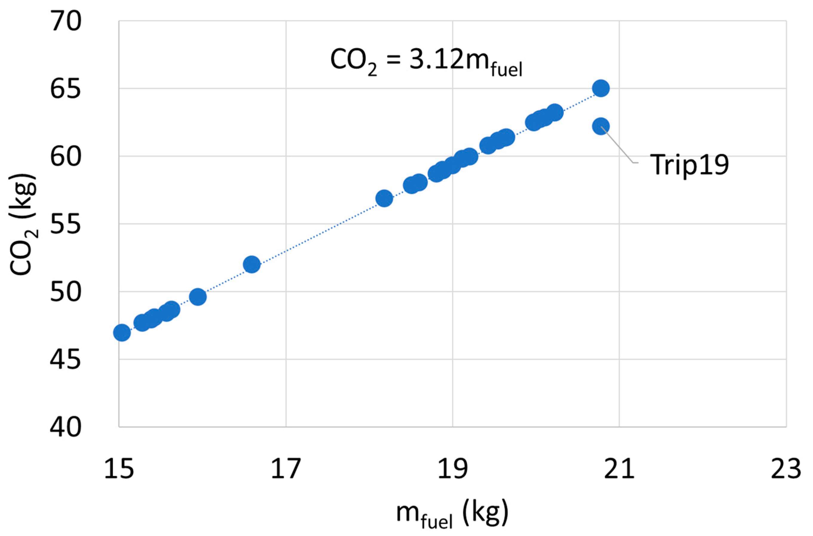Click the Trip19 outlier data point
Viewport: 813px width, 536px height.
click(600, 126)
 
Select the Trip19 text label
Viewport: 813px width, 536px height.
click(689, 165)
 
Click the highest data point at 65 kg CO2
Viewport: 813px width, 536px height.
click(600, 88)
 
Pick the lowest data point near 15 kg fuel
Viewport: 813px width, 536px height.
click(122, 333)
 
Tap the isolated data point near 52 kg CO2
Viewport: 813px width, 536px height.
click(252, 264)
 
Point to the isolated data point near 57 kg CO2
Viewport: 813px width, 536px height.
click(384, 198)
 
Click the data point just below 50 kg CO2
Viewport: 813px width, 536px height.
click(198, 297)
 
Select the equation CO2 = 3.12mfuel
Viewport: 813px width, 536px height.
click(426, 60)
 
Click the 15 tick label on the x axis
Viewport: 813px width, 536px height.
click(119, 469)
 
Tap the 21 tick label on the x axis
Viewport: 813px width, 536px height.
click(619, 469)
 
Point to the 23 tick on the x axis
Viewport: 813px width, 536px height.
click(786, 469)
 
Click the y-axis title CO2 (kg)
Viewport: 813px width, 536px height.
click(23, 224)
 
